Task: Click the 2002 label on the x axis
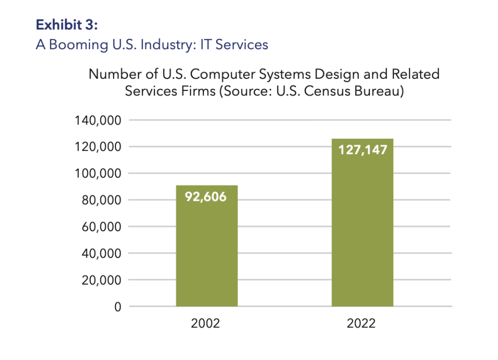point(205,324)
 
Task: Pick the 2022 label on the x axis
point(361,324)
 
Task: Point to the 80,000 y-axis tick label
point(101,200)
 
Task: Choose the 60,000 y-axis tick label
point(101,227)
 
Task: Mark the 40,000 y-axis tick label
point(101,253)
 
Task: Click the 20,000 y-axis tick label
point(101,280)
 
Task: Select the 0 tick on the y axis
point(117,307)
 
